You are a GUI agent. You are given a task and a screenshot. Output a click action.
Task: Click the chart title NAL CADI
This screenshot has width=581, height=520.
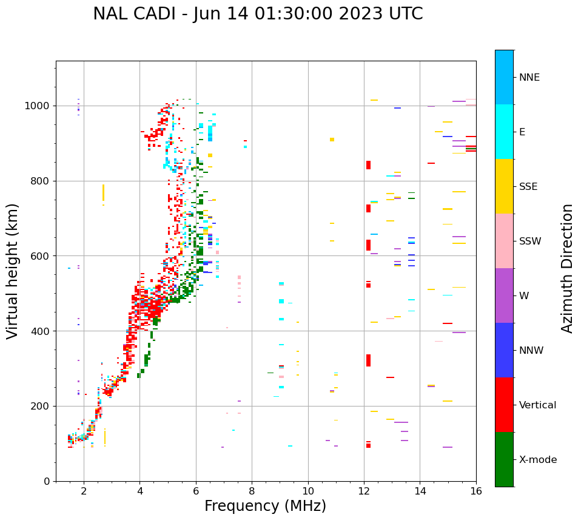click(258, 14)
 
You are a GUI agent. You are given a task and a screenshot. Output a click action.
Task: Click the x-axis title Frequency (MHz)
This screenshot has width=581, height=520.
click(265, 506)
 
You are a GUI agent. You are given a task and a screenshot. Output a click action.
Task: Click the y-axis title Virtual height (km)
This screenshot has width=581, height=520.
click(13, 271)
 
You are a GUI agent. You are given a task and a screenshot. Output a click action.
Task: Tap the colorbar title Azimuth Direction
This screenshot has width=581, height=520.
click(567, 268)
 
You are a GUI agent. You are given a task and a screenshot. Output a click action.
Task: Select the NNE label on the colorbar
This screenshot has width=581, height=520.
click(529, 78)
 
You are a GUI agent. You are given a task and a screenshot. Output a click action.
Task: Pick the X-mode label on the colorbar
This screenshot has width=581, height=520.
click(537, 460)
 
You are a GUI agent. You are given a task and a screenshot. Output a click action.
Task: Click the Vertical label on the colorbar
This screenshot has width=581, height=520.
click(537, 405)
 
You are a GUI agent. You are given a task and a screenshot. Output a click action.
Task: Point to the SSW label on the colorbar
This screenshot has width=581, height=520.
click(530, 241)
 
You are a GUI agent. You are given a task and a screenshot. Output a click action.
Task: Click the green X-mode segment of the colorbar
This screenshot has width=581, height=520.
click(504, 459)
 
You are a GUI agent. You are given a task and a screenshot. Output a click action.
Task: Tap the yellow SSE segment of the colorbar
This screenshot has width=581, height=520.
click(504, 186)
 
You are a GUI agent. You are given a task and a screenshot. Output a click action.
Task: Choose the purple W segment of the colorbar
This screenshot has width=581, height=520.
click(504, 295)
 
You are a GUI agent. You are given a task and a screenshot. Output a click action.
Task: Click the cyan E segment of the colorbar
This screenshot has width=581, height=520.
click(504, 132)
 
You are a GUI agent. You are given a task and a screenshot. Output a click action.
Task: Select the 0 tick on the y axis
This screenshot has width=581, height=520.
click(48, 481)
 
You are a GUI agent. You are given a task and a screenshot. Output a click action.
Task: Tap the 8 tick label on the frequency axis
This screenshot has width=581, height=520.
click(252, 491)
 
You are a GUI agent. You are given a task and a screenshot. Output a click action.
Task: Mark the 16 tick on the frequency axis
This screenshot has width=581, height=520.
click(476, 491)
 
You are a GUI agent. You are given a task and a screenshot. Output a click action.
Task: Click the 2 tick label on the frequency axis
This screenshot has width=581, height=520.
click(84, 491)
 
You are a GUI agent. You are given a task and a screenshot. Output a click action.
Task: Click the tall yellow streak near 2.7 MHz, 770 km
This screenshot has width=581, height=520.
click(103, 192)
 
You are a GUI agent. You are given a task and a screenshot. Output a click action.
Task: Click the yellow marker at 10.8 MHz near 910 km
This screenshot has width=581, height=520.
click(332, 140)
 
